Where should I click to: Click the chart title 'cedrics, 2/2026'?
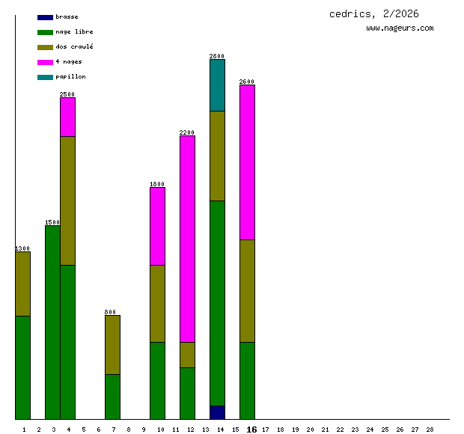[x=374, y=14]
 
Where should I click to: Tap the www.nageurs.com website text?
[x=400, y=28]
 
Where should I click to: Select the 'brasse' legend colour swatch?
[x=45, y=16]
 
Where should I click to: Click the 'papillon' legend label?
[x=70, y=76]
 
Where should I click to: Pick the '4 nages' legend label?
[x=69, y=61]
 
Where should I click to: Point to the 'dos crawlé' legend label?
[x=74, y=46]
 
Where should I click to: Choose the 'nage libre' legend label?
[x=74, y=31]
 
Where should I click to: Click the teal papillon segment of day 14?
[x=217, y=85]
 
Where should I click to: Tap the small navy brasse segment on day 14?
[x=217, y=412]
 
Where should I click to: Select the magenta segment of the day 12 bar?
[x=187, y=239]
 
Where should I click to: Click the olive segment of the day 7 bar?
[x=112, y=344]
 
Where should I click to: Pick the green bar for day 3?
[x=52, y=322]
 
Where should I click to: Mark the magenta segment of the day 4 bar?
[x=67, y=117]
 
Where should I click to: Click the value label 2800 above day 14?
[x=217, y=56]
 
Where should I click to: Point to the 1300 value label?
[x=22, y=248]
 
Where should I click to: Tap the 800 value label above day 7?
[x=110, y=312]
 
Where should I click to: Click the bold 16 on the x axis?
[x=251, y=430]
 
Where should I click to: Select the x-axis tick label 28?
[x=430, y=430]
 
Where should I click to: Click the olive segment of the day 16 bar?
[x=247, y=290]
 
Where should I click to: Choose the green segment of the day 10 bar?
[x=157, y=380]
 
